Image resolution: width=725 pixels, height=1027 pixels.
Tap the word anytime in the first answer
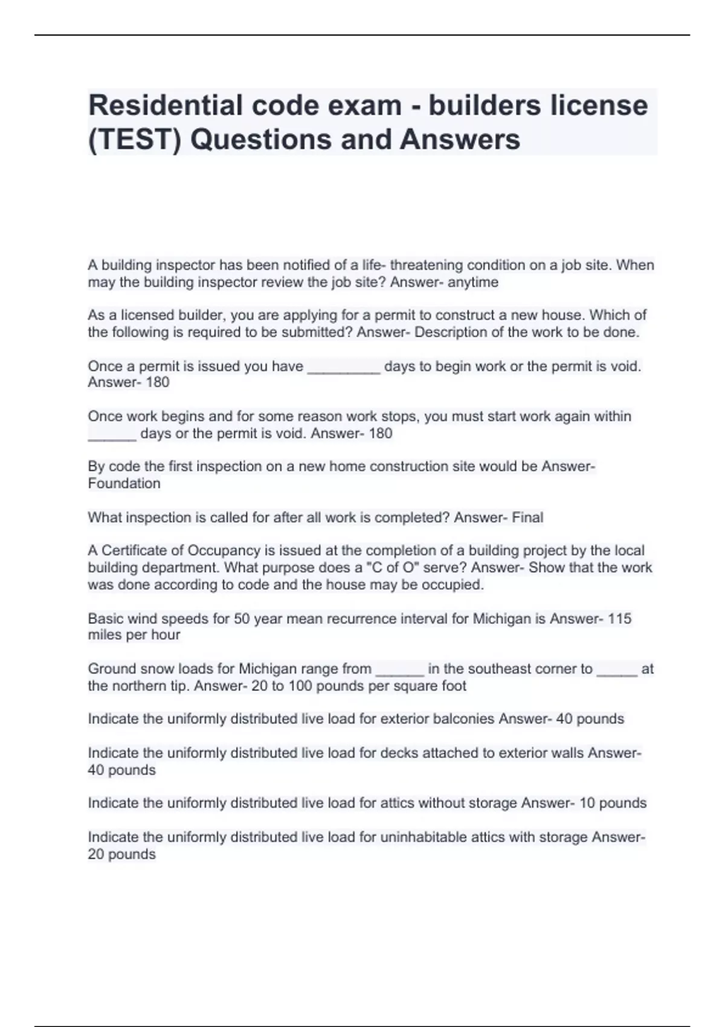tap(473, 282)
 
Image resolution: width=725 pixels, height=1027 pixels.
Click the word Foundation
tap(124, 483)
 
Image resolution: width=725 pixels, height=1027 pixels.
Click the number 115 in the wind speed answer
tap(619, 619)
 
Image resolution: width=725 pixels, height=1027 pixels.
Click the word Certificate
tap(142, 551)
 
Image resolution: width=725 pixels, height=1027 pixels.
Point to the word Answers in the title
tap(460, 140)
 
